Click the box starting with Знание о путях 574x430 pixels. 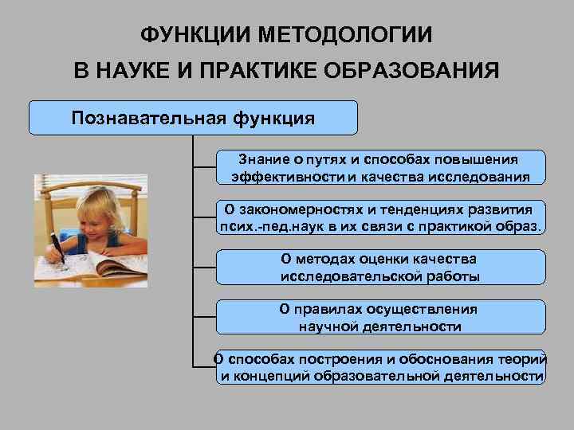pos(380,166)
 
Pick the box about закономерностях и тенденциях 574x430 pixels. pos(380,217)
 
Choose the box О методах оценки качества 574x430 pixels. pos(380,267)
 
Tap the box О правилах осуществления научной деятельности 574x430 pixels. pos(380,317)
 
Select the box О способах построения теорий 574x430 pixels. pos(380,367)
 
